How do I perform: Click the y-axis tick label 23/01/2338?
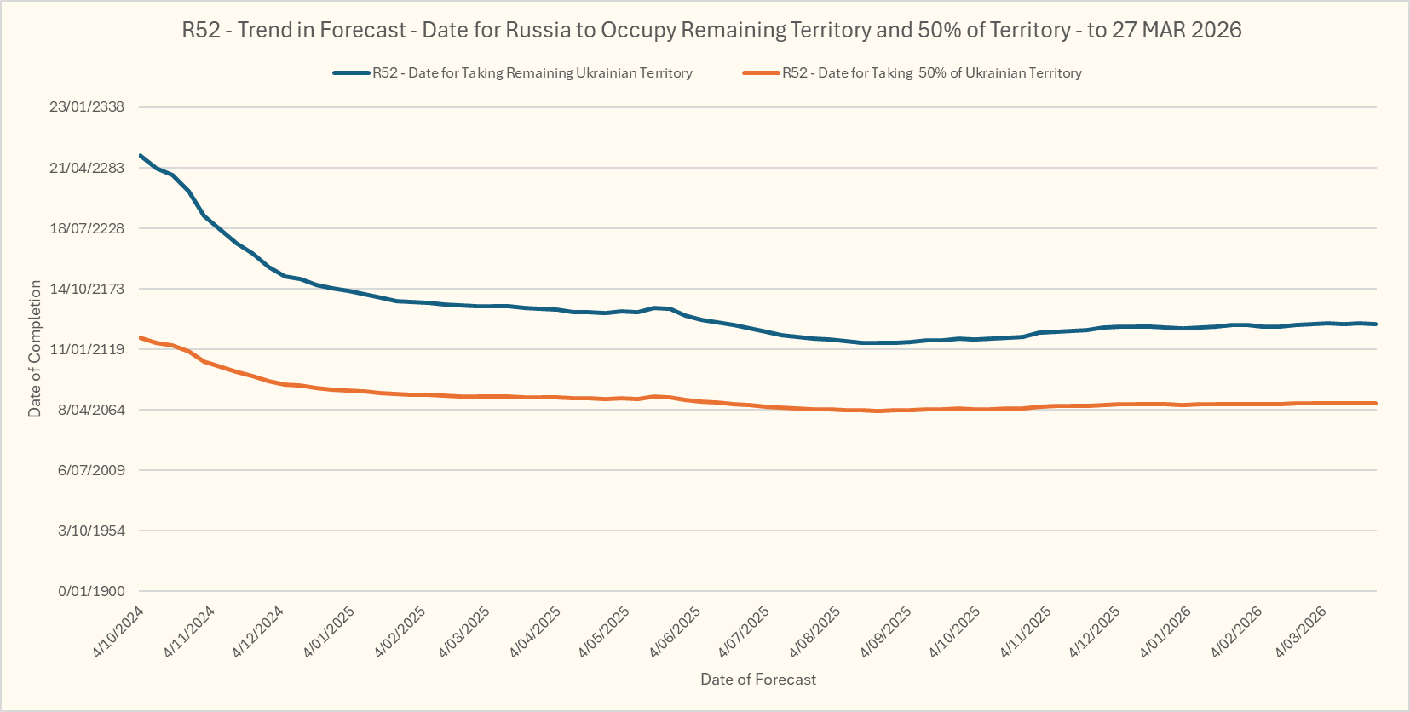pyautogui.click(x=87, y=107)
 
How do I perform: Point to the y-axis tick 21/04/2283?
pyautogui.click(x=87, y=168)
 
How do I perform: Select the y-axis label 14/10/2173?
pyautogui.click(x=87, y=289)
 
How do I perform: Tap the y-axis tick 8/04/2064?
pyautogui.click(x=91, y=410)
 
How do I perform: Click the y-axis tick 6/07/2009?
pyautogui.click(x=91, y=470)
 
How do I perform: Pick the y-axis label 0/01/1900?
pyautogui.click(x=91, y=591)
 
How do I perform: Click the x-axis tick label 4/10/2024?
pyautogui.click(x=118, y=632)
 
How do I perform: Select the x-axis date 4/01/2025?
pyautogui.click(x=329, y=632)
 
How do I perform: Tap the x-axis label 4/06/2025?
pyautogui.click(x=675, y=632)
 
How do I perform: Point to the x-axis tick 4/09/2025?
pyautogui.click(x=885, y=632)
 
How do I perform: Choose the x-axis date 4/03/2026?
pyautogui.click(x=1300, y=632)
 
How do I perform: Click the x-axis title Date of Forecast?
pyautogui.click(x=757, y=680)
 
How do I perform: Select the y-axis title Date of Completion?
pyautogui.click(x=35, y=349)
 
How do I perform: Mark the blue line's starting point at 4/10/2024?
pyautogui.click(x=141, y=155)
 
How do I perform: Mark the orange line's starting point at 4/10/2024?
pyautogui.click(x=141, y=337)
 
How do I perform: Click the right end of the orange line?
pyautogui.click(x=1376, y=403)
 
